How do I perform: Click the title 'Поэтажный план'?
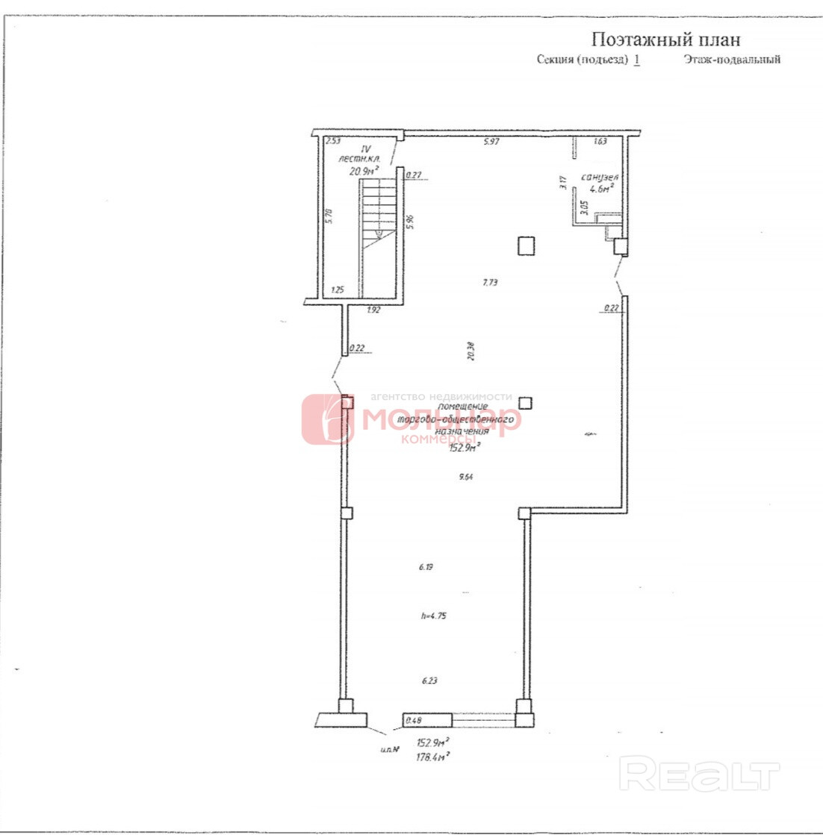665,39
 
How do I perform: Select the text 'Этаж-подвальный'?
731,60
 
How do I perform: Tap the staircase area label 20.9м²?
365,171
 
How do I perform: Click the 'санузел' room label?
600,177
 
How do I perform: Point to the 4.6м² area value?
601,189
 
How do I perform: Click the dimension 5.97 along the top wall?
491,142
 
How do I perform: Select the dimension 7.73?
490,282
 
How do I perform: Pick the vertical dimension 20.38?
470,351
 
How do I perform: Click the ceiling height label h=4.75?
434,616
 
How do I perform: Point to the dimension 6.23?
429,680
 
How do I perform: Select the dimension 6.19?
426,567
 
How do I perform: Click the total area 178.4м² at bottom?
432,756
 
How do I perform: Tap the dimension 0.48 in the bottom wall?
412,721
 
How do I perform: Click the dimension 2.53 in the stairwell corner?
333,141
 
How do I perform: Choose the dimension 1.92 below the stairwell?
374,309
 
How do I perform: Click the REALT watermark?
699,775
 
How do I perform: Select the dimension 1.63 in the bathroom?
600,141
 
